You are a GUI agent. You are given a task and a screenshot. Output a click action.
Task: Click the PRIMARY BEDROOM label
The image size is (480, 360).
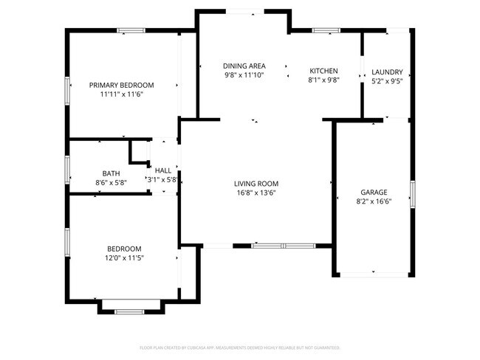point(122,85)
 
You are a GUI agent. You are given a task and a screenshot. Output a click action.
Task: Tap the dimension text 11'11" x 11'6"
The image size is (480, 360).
point(122,94)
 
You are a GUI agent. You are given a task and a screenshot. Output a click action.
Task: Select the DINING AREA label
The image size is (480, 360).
point(245,66)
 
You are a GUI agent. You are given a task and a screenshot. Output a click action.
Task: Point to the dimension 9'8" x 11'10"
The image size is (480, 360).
point(245,75)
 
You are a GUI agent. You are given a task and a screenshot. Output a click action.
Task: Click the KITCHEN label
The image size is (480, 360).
point(323,71)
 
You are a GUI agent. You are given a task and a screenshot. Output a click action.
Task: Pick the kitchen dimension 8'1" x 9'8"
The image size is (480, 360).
point(323,80)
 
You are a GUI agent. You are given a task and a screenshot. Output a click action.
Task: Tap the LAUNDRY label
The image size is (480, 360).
point(387,72)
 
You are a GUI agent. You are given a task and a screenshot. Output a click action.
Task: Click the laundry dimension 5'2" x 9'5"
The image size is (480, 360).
point(387,81)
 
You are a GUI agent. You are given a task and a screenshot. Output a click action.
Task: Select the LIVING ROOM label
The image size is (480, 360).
point(256,184)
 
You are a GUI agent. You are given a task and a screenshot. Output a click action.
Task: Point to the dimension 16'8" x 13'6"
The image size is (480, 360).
point(256,193)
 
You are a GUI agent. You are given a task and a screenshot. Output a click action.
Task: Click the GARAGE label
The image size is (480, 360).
point(373,192)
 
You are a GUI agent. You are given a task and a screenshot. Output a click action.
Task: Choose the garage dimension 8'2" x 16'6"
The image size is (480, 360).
point(373,201)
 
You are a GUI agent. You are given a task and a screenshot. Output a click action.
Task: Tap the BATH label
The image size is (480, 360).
point(112,173)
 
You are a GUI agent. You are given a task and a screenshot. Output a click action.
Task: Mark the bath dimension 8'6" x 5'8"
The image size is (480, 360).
point(112,182)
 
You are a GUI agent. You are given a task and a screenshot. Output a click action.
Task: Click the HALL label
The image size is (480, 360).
point(163,170)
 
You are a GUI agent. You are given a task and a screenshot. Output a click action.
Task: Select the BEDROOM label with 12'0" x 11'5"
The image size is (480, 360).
point(124,249)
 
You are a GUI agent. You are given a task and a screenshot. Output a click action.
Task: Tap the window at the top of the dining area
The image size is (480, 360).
point(241,10)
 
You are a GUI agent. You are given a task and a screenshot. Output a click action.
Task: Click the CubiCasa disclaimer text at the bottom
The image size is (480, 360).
point(239,347)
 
